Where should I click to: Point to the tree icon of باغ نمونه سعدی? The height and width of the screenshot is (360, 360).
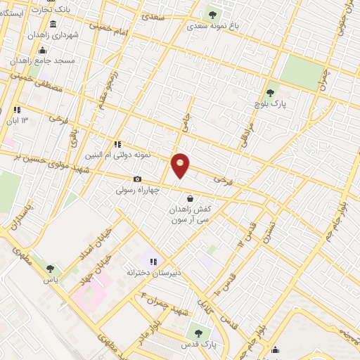click(x=213, y=15)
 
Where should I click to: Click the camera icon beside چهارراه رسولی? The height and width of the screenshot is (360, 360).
click(x=137, y=179)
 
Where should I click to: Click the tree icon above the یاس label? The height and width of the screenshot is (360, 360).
click(x=49, y=267)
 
